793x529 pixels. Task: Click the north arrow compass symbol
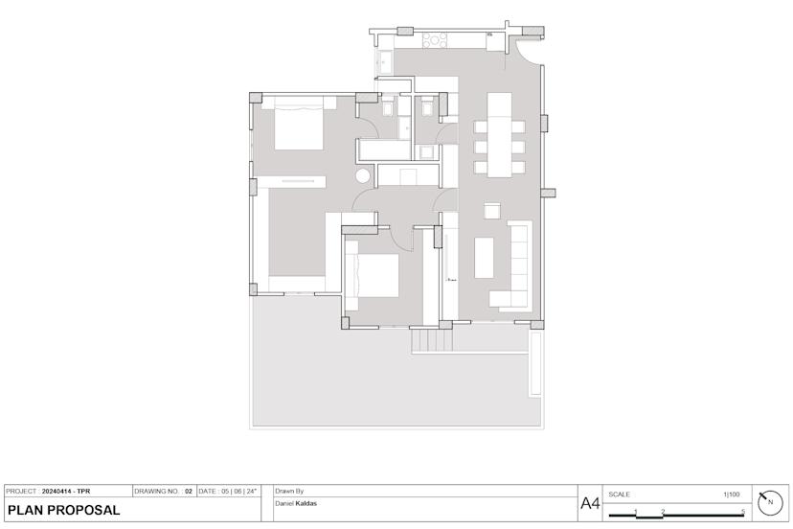[770, 503]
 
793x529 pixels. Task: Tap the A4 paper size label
[590, 504]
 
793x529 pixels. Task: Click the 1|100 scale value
[731, 494]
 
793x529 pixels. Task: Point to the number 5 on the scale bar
[742, 512]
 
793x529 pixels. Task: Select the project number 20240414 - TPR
[66, 492]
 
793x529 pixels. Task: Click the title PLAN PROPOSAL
[64, 510]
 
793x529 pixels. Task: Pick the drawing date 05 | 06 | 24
[238, 492]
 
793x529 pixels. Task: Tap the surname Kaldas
[306, 504]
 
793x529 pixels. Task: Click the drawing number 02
[188, 492]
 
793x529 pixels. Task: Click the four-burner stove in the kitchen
[435, 40]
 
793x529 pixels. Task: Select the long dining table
[499, 135]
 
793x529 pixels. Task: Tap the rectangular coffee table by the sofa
[484, 258]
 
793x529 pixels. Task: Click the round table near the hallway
[364, 176]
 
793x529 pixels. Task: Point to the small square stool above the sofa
[492, 211]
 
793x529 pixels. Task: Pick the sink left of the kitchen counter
[384, 63]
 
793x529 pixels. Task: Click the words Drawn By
[289, 491]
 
